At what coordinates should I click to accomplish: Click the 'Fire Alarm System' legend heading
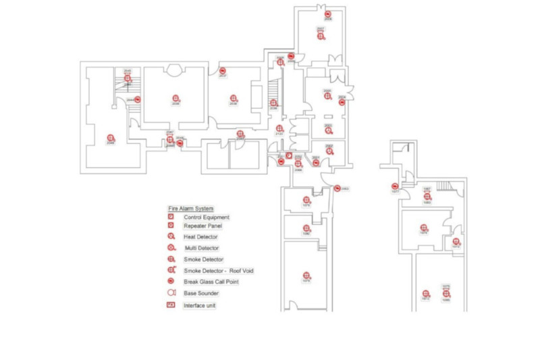pos(191,208)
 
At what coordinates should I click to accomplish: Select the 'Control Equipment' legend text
pos(207,217)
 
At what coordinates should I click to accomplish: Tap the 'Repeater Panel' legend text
pos(202,226)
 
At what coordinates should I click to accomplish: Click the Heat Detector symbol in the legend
pos(171,237)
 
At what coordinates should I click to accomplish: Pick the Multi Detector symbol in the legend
pos(171,248)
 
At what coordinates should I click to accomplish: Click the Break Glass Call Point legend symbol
pos(171,282)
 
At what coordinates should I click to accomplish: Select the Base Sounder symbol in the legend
pos(171,293)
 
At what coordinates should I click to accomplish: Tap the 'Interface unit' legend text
pos(199,305)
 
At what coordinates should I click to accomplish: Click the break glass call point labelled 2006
pos(327,14)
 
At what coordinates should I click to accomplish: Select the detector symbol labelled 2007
pos(321,35)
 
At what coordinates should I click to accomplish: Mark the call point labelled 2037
pos(223,71)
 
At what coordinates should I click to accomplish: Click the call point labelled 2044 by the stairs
pos(138,99)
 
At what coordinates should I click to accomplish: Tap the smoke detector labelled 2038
pos(233,99)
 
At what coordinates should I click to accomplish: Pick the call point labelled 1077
pos(395,186)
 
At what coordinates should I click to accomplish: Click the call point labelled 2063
pos(337,188)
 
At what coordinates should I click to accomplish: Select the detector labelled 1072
pos(426,294)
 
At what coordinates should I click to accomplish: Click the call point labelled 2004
pos(342,102)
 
